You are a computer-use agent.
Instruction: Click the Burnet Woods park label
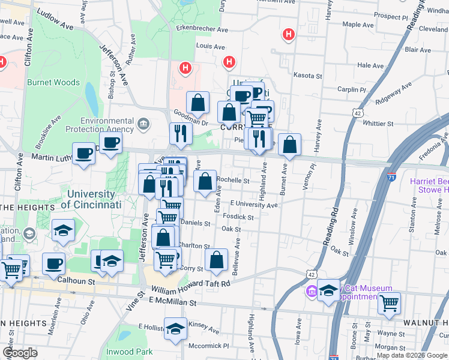(x=53, y=82)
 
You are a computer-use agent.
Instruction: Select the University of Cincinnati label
(x=91, y=199)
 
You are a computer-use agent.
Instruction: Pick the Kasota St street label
(x=308, y=76)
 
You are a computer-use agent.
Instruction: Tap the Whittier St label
(x=378, y=124)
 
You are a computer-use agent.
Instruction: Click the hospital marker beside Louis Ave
(x=229, y=61)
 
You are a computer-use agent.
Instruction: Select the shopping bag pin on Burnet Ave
(x=289, y=144)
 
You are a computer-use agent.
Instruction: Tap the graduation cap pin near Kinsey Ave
(x=175, y=329)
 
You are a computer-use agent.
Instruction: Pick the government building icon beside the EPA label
(x=143, y=125)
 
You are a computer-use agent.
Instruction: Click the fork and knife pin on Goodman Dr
(x=180, y=133)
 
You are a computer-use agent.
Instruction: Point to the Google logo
(x=20, y=353)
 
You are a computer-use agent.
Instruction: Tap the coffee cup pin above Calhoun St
(x=55, y=263)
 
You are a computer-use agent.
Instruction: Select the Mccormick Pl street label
(x=209, y=346)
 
